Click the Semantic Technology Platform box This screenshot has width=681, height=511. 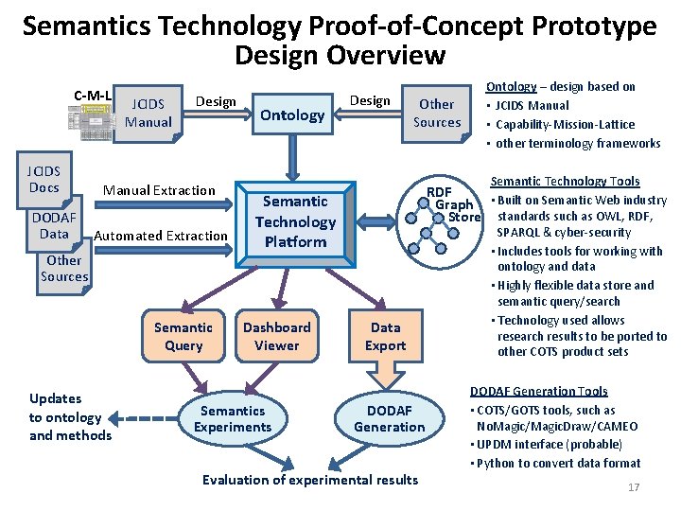[x=295, y=221]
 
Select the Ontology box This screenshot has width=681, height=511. [x=292, y=115]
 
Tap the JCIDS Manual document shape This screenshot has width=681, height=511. [x=148, y=113]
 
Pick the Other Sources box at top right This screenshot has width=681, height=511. [x=437, y=113]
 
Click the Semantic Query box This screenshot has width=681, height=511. [x=183, y=337]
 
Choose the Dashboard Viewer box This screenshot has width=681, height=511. [x=276, y=337]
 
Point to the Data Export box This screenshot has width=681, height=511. [x=385, y=337]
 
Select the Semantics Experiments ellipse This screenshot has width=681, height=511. [x=233, y=418]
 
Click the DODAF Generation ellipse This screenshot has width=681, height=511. [x=390, y=418]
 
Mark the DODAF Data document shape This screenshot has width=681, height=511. [x=54, y=225]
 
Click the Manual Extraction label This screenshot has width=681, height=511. [x=159, y=190]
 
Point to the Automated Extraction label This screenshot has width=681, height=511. [x=162, y=236]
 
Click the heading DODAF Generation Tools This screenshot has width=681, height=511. [x=539, y=391]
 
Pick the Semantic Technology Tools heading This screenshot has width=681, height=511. [x=566, y=181]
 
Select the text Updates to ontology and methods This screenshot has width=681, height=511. [x=70, y=417]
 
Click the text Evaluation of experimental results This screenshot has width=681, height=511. [x=310, y=480]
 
